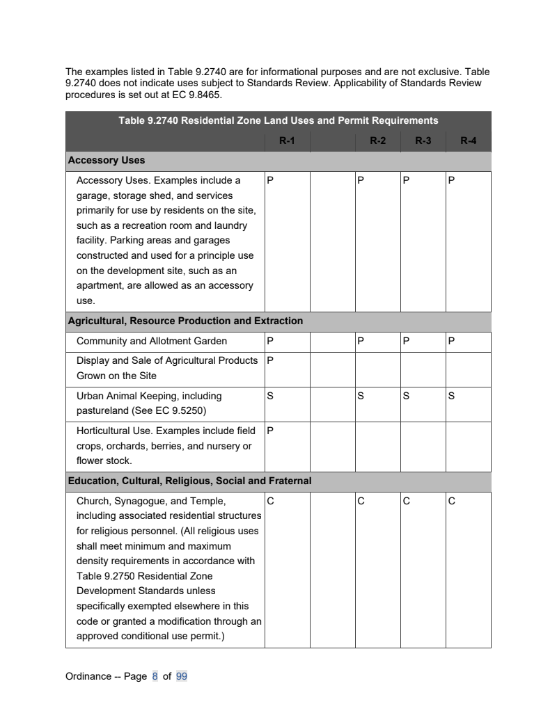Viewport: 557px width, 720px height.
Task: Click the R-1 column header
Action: coord(287,141)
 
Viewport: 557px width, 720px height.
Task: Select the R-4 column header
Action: coord(469,141)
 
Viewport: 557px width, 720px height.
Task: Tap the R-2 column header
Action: coord(378,141)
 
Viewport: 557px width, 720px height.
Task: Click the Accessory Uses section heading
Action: coord(107,161)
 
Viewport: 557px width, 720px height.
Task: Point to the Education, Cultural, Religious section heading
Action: coord(189,481)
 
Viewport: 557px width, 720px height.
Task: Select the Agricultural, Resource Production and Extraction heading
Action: coord(185,321)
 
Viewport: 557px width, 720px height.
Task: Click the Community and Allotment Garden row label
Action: coord(152,342)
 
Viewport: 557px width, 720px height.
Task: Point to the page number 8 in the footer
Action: coord(155,676)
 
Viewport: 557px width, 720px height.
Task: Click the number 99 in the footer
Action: coord(182,676)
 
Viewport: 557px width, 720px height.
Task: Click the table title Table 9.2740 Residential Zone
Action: coord(278,120)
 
